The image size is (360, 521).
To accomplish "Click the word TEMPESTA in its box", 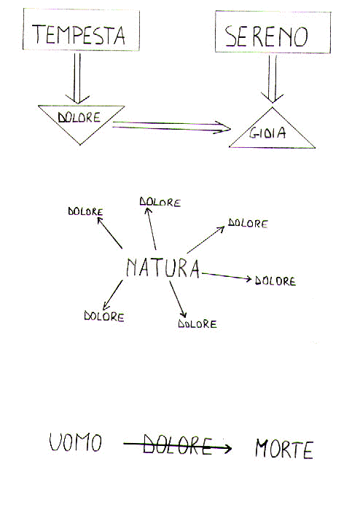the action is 79,34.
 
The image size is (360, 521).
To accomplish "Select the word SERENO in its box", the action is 266,36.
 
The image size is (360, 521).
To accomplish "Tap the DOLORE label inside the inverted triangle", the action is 79,117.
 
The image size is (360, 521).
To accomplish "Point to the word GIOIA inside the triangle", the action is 267,133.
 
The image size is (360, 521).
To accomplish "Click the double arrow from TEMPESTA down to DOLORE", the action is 77,79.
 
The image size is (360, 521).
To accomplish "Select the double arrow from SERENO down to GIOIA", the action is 273,79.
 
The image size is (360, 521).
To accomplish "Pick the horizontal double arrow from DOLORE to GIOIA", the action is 171,128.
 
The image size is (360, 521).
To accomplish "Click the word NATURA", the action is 163,268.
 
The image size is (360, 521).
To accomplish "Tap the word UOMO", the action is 76,442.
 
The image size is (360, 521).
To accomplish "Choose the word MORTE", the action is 284,449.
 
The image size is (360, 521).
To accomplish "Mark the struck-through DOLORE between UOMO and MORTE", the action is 177,445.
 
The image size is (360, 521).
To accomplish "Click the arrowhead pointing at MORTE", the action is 227,449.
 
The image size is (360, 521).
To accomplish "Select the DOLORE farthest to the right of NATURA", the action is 275,281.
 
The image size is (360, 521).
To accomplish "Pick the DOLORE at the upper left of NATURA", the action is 85,211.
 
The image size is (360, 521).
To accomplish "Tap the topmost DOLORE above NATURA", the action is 160,202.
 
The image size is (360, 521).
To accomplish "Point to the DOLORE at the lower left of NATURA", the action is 104,316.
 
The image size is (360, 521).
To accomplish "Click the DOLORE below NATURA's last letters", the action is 197,324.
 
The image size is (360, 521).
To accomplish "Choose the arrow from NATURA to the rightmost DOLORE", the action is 227,276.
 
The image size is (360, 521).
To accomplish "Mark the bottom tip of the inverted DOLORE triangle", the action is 79,145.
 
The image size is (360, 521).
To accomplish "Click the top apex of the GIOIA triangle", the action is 273,107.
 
